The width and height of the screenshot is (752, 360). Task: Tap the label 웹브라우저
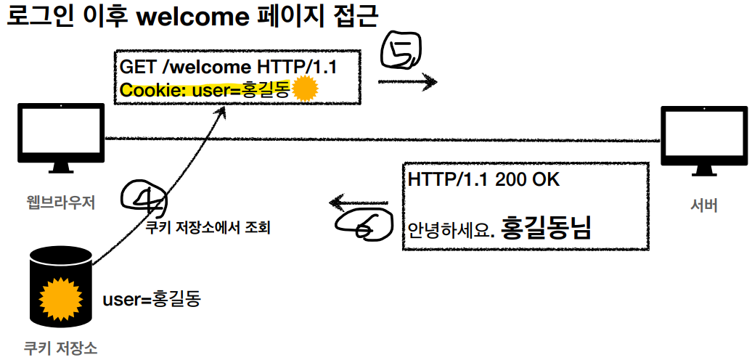click(x=60, y=201)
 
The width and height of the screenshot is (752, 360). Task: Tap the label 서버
click(x=704, y=205)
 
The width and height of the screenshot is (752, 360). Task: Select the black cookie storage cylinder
click(x=61, y=290)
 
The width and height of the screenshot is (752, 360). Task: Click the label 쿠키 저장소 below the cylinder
click(x=60, y=348)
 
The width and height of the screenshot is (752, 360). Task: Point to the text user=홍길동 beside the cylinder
click(x=151, y=298)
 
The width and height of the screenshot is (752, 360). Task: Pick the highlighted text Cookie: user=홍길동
click(x=205, y=90)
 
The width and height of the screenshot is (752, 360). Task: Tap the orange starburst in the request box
click(x=306, y=89)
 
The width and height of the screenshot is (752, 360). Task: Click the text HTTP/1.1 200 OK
click(x=483, y=179)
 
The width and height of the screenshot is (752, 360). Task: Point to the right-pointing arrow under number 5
click(x=408, y=82)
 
